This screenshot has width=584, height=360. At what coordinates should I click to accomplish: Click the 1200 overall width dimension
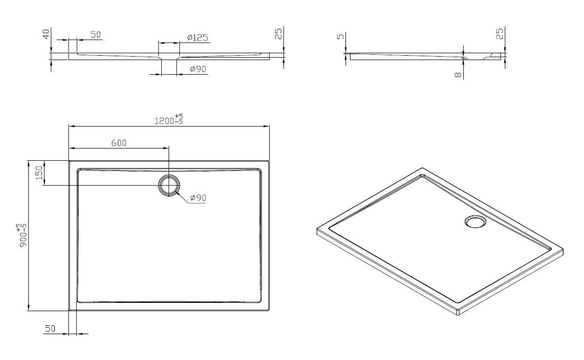(x=165, y=121)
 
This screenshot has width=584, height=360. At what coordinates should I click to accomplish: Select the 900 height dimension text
(x=22, y=237)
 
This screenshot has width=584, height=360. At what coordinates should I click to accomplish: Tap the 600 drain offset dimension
(x=119, y=143)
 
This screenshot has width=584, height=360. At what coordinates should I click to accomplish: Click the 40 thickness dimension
(x=46, y=34)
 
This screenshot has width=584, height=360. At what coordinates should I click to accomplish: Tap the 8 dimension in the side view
(x=457, y=75)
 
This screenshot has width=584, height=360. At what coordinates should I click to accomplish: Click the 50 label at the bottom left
(x=50, y=329)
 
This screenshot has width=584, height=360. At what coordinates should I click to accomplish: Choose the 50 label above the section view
(x=95, y=35)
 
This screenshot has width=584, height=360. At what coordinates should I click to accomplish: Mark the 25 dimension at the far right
(x=499, y=34)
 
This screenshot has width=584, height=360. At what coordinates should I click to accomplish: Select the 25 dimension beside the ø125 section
(x=278, y=34)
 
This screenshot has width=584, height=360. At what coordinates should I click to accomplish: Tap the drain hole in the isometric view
(x=475, y=222)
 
